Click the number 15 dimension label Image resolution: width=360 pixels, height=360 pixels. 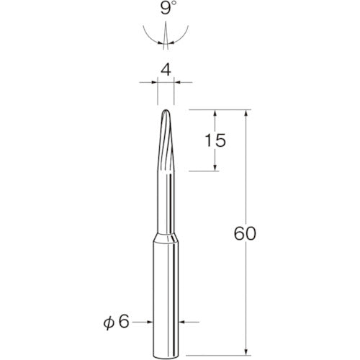click(215, 140)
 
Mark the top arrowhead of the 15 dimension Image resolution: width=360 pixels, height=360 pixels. click(215, 113)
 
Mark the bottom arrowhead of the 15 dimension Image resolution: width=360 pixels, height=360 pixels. click(215, 168)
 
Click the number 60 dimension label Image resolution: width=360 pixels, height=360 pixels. click(245, 233)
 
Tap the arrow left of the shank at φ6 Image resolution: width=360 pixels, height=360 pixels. click(148, 321)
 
